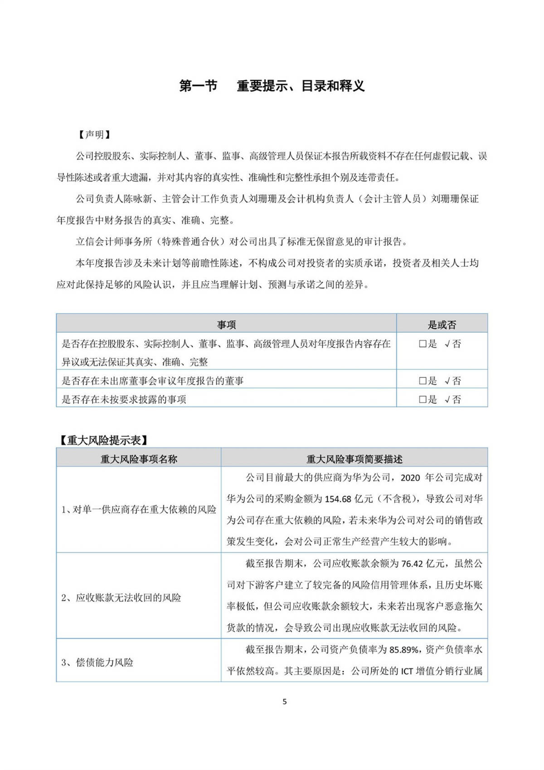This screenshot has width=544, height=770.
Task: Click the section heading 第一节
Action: [x=198, y=86]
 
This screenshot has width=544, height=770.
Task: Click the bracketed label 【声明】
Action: [x=94, y=135]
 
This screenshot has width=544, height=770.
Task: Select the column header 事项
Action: [x=226, y=324]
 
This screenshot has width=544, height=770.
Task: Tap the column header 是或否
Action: [x=442, y=324]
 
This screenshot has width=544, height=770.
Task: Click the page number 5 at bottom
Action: [x=285, y=701]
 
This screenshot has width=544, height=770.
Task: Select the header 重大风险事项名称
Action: [x=139, y=459]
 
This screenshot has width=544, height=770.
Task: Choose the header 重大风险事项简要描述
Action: [x=355, y=459]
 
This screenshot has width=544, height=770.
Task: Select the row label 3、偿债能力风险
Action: [x=97, y=662]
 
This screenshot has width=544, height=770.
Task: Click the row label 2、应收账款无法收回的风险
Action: [x=121, y=598]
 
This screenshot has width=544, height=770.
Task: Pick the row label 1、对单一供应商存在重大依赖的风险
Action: [x=139, y=510]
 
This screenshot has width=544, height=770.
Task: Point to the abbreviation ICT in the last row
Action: [x=407, y=671]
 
